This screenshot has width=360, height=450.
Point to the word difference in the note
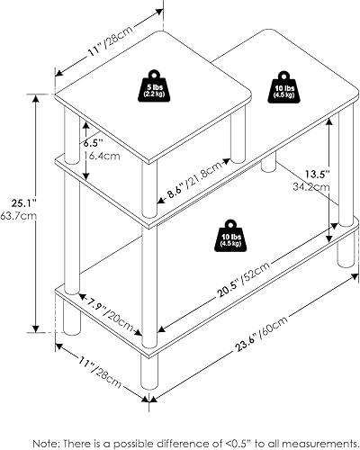pyautogui.click(x=181, y=420)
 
